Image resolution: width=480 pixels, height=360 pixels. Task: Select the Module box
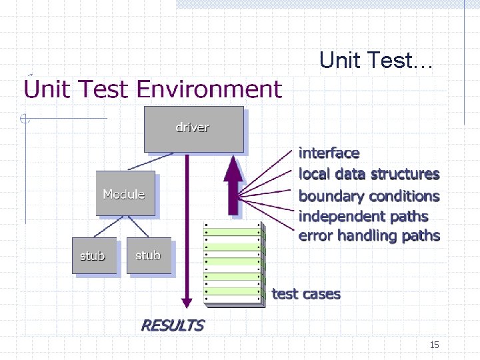click(x=125, y=193)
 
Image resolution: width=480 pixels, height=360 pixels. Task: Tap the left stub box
click(x=94, y=255)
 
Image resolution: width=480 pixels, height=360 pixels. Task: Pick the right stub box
click(x=148, y=255)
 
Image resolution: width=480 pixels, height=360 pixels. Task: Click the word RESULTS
click(x=172, y=325)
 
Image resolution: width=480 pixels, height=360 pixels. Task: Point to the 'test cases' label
click(x=306, y=294)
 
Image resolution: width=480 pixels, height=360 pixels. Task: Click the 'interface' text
click(x=329, y=153)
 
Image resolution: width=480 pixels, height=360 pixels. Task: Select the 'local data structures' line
click(x=369, y=174)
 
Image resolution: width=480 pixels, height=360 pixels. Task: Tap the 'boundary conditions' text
click(x=369, y=196)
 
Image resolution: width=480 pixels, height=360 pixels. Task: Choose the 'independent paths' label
click(x=363, y=216)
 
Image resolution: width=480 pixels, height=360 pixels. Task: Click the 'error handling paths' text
click(x=369, y=235)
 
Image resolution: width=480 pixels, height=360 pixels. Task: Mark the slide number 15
click(x=434, y=345)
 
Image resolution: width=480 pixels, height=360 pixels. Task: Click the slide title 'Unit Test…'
click(x=376, y=61)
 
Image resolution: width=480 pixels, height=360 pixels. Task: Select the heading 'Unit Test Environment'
click(x=153, y=89)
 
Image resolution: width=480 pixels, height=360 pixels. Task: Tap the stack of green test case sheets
click(x=233, y=263)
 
